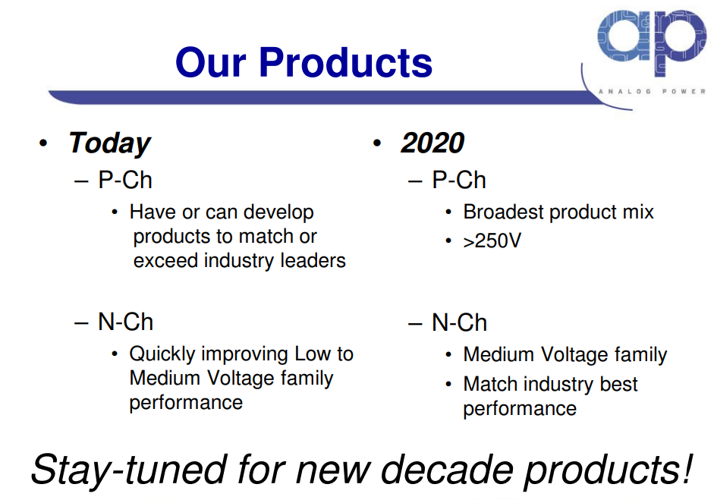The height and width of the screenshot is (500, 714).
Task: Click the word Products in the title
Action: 345,62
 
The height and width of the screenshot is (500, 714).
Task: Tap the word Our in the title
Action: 211,62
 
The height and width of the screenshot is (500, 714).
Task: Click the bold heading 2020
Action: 432,143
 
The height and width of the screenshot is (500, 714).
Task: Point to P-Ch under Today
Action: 125,180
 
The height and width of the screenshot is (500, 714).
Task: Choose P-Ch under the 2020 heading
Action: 459,180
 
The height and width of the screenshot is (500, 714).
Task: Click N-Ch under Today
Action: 126,322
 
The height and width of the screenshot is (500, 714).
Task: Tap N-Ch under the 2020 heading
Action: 460,322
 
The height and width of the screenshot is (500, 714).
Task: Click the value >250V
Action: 492,241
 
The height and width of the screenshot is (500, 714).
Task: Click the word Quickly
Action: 162,354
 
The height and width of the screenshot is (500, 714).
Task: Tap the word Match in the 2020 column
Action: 490,384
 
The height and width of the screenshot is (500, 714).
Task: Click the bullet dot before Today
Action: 43,143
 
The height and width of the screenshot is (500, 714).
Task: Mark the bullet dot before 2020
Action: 376,143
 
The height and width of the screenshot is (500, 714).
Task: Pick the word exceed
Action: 166,260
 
